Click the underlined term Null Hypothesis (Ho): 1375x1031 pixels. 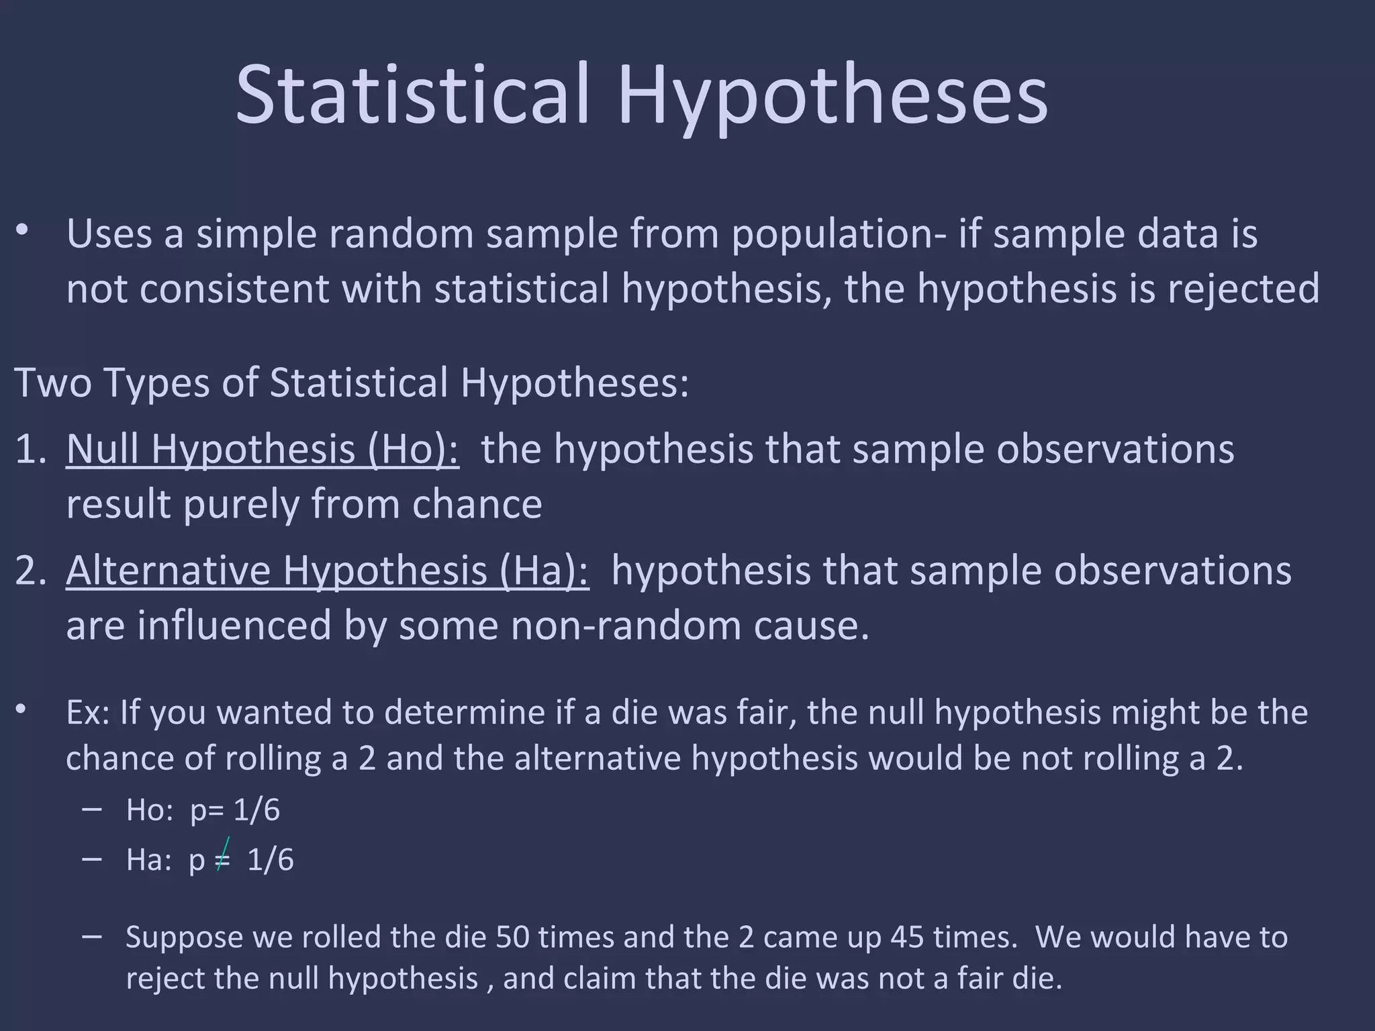[x=263, y=449]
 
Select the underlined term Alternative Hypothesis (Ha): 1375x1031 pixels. [x=328, y=571]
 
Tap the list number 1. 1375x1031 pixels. [x=30, y=449]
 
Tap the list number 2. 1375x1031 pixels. [x=30, y=571]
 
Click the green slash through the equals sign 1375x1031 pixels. [x=224, y=854]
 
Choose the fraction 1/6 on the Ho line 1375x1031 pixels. [x=256, y=811]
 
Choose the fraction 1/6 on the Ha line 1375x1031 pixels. [x=270, y=861]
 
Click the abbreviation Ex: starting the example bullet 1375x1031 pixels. [x=88, y=713]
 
